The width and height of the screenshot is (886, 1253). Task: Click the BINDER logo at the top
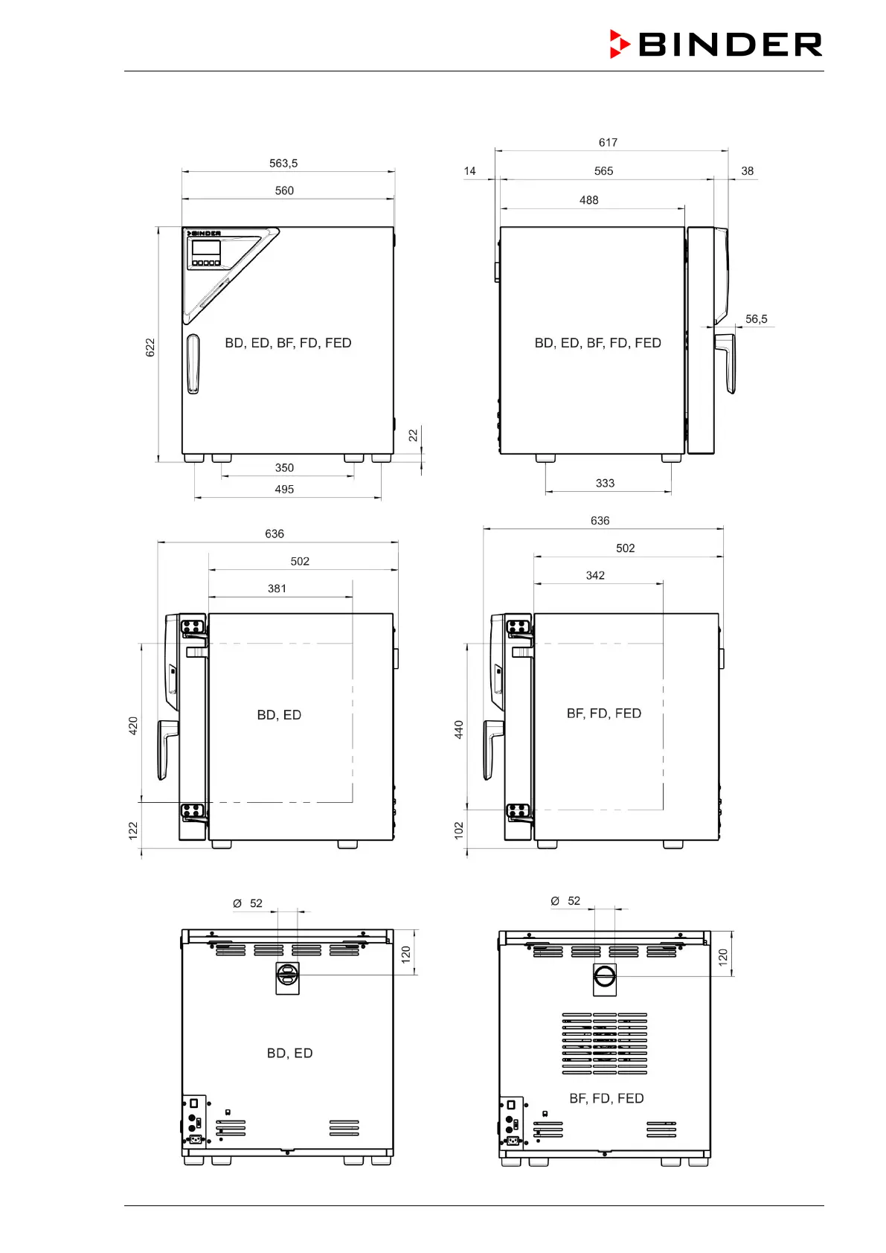716,44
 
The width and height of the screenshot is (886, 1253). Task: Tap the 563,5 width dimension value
283,164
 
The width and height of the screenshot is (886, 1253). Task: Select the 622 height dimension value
150,347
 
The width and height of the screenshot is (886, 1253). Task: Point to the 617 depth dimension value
608,143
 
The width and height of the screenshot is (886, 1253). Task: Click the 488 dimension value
589,200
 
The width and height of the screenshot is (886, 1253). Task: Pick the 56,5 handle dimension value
757,319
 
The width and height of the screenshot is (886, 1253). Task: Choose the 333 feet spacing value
605,484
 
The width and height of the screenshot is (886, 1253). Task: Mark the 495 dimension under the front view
284,490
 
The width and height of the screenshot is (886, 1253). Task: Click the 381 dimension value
277,589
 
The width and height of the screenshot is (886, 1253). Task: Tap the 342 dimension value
595,576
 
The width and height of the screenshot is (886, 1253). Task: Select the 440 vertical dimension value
459,729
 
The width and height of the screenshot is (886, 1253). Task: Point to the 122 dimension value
132,830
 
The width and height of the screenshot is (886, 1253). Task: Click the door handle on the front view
193,364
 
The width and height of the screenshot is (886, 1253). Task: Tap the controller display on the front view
206,249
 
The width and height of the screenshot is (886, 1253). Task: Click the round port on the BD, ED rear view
287,975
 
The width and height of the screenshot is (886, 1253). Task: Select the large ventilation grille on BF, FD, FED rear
604,1043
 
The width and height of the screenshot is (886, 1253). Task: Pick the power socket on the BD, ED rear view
195,1139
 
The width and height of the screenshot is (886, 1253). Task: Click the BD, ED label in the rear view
289,1054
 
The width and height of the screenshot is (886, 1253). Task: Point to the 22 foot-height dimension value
413,435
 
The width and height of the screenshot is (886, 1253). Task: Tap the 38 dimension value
748,171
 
